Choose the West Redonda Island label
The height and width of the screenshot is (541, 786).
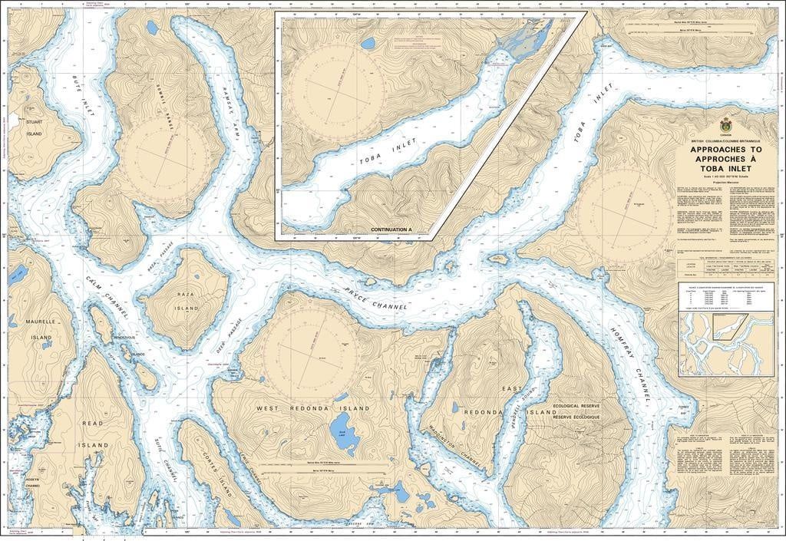pos(312,408)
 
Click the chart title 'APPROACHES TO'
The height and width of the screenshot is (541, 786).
pos(725,150)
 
